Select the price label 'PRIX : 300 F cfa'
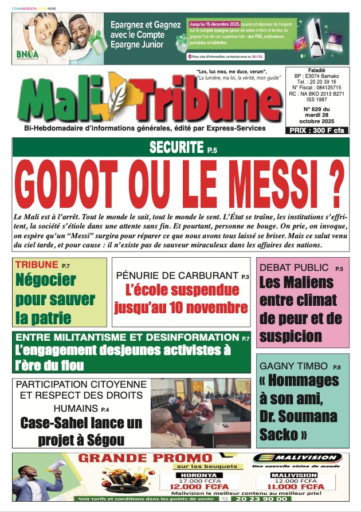tap(317, 131)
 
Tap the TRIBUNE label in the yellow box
tap(36, 265)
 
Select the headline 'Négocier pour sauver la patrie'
tap(55, 298)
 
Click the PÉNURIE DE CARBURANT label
tap(177, 275)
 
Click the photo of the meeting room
tap(201, 412)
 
